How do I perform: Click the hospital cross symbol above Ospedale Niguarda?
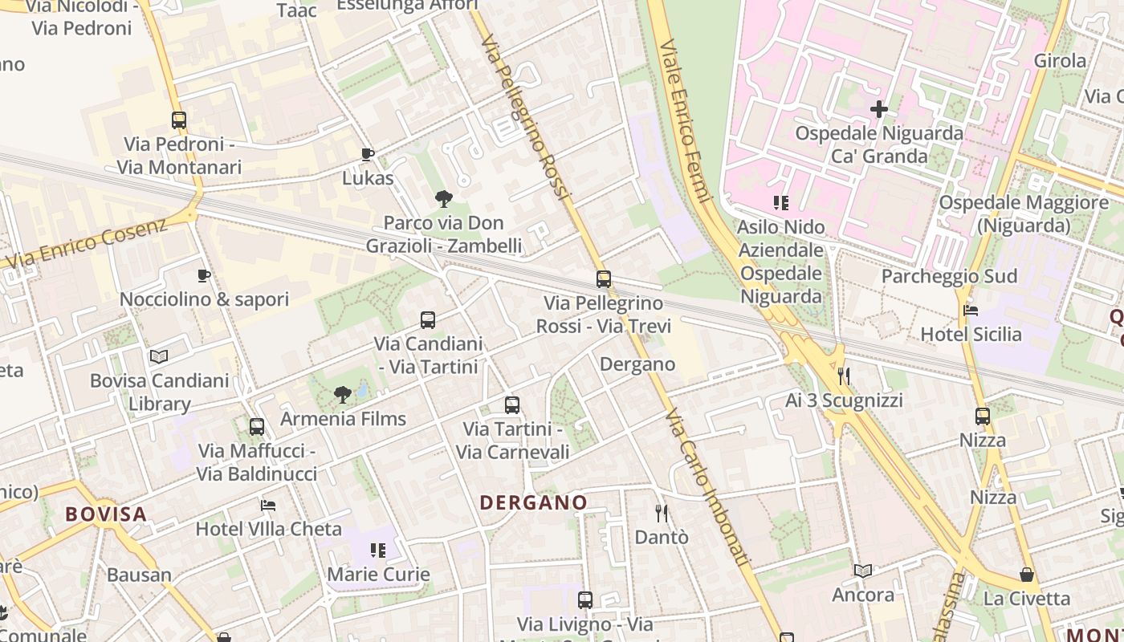pyautogui.click(x=879, y=108)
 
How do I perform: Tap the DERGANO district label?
pyautogui.click(x=533, y=503)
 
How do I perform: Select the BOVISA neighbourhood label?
pyautogui.click(x=106, y=514)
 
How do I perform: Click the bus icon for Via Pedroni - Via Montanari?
pyautogui.click(x=178, y=120)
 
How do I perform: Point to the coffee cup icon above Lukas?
pyautogui.click(x=368, y=154)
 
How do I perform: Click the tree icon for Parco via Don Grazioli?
pyautogui.click(x=443, y=199)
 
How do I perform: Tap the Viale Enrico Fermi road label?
pyautogui.click(x=686, y=120)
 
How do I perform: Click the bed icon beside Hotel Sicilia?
pyautogui.click(x=971, y=311)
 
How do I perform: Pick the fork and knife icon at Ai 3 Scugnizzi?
pyautogui.click(x=844, y=376)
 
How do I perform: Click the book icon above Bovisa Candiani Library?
pyautogui.click(x=159, y=356)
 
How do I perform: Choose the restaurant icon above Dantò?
pyautogui.click(x=662, y=513)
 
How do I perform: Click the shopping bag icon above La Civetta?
pyautogui.click(x=1027, y=575)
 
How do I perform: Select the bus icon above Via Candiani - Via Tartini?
pyautogui.click(x=428, y=320)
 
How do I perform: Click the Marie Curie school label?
pyautogui.click(x=378, y=575)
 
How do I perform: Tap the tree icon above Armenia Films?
pyautogui.click(x=343, y=394)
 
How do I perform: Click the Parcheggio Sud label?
pyautogui.click(x=949, y=276)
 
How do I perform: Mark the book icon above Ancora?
pyautogui.click(x=863, y=571)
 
